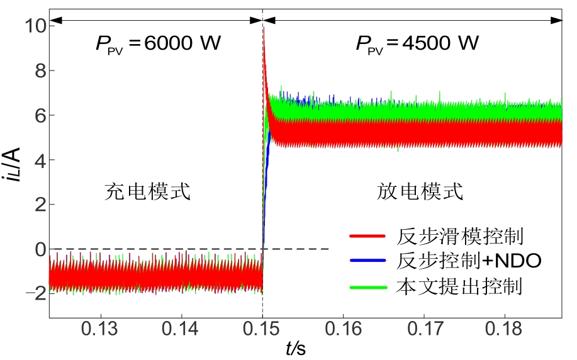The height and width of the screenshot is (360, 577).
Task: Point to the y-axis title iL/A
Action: click(14, 166)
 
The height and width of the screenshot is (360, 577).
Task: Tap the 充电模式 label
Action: click(147, 191)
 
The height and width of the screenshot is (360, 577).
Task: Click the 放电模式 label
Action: click(420, 191)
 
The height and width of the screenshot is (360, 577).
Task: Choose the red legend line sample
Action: click(366, 237)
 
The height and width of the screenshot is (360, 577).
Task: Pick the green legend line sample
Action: click(366, 286)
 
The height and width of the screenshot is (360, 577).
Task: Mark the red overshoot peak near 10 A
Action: click(264, 28)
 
